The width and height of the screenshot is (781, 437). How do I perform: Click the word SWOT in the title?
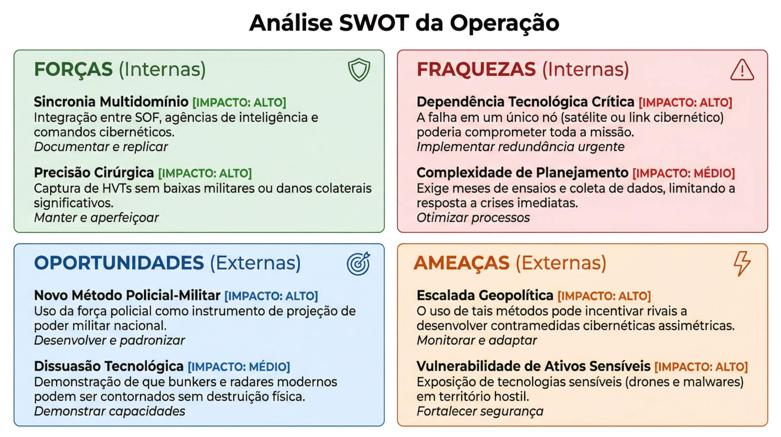click(x=373, y=23)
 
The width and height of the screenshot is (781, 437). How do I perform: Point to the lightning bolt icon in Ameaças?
click(x=742, y=264)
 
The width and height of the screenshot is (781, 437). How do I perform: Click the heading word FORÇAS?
click(x=73, y=69)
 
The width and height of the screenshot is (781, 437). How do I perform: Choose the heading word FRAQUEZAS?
click(x=476, y=69)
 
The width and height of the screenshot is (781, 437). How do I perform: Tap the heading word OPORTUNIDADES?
click(x=119, y=263)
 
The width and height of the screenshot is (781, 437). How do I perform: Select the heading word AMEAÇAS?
click(x=462, y=263)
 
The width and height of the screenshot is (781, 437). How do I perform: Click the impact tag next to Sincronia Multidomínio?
click(x=239, y=103)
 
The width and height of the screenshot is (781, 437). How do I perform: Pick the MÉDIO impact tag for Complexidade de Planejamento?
click(x=684, y=173)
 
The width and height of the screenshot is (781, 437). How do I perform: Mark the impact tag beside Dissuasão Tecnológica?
click(x=239, y=367)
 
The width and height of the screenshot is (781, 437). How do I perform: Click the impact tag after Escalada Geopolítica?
click(x=604, y=296)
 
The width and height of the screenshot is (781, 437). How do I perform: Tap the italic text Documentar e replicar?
click(x=101, y=147)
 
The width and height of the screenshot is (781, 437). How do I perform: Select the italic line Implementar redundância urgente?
click(x=520, y=147)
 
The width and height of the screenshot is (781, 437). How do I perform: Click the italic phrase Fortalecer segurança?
click(x=480, y=412)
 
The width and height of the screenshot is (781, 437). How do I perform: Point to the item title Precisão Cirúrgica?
click(x=94, y=173)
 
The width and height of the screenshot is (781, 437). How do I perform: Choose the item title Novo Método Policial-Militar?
click(x=127, y=296)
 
